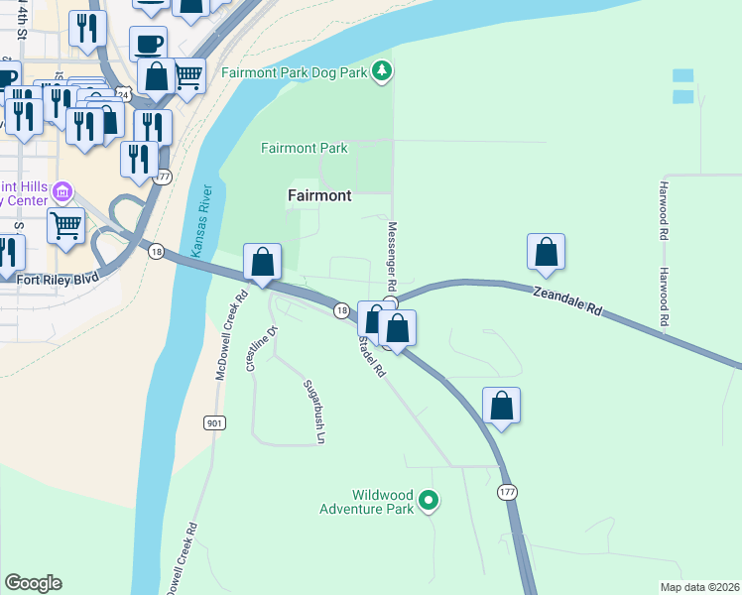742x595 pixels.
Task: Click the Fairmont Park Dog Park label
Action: pos(294,72)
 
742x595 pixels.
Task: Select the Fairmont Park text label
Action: pos(305,148)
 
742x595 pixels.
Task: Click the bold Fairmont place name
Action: pos(319,195)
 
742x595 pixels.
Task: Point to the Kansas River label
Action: pos(202,221)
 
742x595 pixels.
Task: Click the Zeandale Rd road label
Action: pos(567,301)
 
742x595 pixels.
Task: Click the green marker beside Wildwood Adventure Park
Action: pos(429,502)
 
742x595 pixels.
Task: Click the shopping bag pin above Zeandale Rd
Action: pos(546,252)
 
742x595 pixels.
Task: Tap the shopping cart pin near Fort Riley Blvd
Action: pos(65,224)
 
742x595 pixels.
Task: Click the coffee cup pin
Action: pos(148,44)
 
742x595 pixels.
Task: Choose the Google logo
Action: pos(33,583)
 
